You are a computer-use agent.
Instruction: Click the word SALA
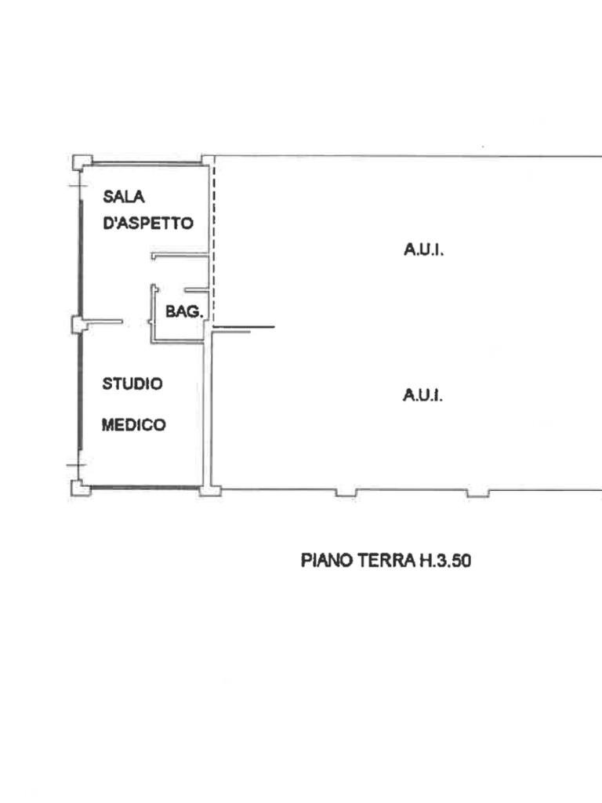pos(118,197)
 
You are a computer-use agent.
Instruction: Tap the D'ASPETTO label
pos(148,223)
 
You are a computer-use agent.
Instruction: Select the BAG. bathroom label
pos(184,311)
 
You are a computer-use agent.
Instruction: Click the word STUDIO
pos(133,384)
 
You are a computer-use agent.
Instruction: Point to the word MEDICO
pos(134,425)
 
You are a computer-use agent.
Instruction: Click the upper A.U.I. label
pos(424,251)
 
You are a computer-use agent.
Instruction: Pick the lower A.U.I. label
pos(423,395)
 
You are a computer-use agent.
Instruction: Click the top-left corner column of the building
pos(79,162)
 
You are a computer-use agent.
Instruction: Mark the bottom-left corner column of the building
pos(79,488)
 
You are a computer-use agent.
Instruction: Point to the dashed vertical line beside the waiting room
pos(212,235)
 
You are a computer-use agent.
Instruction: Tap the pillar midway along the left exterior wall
pos(78,324)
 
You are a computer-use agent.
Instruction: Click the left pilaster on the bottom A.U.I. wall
pos(346,492)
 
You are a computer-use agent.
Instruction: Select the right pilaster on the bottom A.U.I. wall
pos(477,492)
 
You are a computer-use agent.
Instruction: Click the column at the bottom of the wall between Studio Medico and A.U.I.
pos(209,490)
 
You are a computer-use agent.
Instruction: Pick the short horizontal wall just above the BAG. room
pos(180,256)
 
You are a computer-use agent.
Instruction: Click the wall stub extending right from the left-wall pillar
pos(103,322)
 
